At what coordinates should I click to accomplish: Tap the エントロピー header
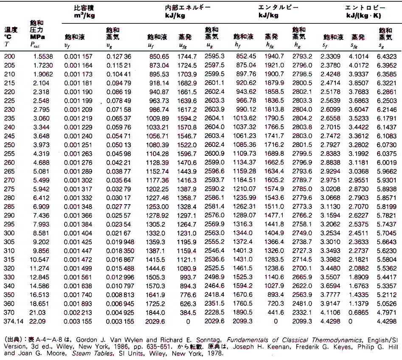(x=365, y=8)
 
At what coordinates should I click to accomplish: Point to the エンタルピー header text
(x=278, y=8)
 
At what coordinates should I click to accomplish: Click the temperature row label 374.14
(x=14, y=321)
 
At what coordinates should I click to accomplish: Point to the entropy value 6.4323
(x=387, y=56)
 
